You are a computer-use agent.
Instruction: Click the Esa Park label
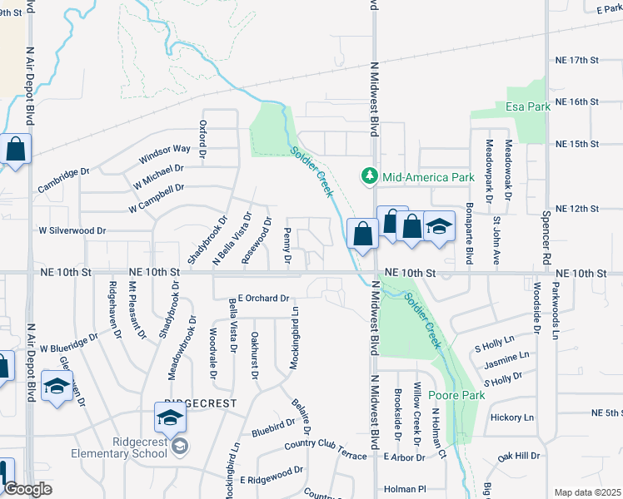coord(528,107)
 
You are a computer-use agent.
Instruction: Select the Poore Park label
coord(456,395)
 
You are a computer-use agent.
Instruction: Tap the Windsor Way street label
coord(165,152)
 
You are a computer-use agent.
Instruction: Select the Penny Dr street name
coord(287,246)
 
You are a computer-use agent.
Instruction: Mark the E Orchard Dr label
coord(262,298)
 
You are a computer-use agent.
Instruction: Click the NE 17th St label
coord(577,61)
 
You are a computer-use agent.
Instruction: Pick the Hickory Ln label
coord(511,417)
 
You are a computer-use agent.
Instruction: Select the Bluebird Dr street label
coord(273,427)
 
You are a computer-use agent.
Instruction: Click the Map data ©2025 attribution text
coord(587,492)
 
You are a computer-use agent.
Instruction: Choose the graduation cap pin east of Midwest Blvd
coord(438,227)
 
